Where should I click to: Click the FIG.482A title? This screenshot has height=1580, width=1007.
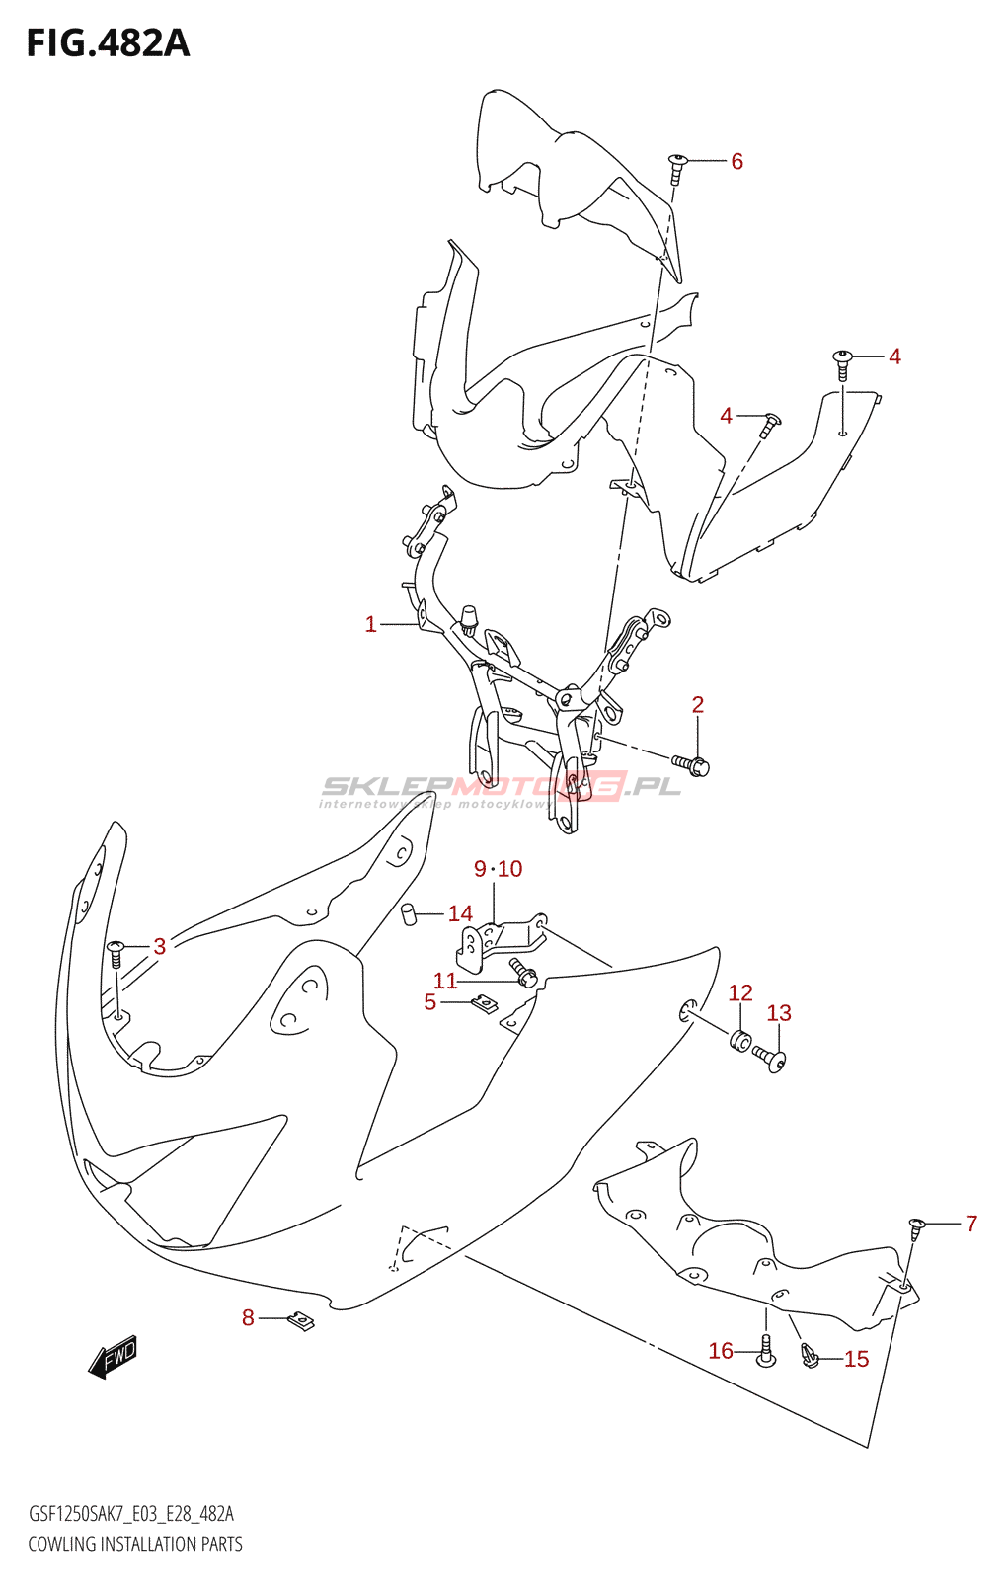(x=108, y=44)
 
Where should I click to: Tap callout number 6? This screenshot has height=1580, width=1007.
(x=736, y=161)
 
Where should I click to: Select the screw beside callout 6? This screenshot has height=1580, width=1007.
(x=677, y=168)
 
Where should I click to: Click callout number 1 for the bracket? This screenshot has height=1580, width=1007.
(x=370, y=624)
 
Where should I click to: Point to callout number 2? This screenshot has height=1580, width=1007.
(x=698, y=704)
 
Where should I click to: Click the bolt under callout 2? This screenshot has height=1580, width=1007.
(x=692, y=764)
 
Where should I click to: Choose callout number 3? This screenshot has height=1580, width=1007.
(x=160, y=946)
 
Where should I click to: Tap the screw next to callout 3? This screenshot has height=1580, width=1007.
(x=116, y=953)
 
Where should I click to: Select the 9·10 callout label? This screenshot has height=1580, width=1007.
(x=498, y=869)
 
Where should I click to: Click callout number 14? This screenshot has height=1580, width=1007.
(x=460, y=913)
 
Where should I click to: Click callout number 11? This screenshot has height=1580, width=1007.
(x=445, y=981)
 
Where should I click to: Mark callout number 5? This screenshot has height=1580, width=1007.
(x=429, y=1002)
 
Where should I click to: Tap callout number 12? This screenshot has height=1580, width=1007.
(x=740, y=992)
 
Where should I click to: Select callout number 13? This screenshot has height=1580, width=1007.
(x=779, y=1013)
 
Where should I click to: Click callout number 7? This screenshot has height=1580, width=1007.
(x=971, y=1224)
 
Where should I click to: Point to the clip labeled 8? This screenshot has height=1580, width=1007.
(x=300, y=1320)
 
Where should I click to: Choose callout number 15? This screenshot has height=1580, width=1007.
(x=856, y=1359)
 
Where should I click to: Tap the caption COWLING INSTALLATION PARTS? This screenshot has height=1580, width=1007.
(x=135, y=1544)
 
